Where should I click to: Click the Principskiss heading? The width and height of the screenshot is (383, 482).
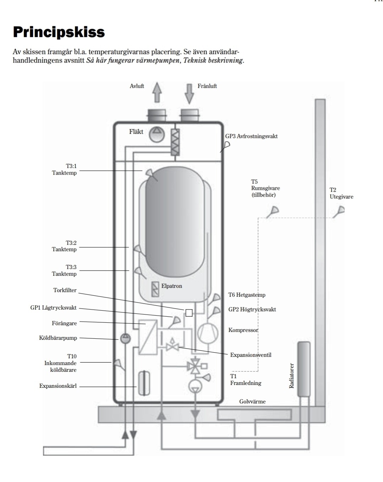[x=59, y=32]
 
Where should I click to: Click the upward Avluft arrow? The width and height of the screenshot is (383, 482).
[x=157, y=92]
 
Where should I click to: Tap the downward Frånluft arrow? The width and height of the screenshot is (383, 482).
[x=189, y=94]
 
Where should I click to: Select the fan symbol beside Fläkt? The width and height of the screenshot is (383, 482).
[x=157, y=134]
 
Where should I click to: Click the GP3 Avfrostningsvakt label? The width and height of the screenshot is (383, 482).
[x=251, y=136]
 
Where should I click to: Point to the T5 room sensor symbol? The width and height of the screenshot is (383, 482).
[x=273, y=211]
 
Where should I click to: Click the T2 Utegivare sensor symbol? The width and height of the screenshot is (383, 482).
[x=339, y=211]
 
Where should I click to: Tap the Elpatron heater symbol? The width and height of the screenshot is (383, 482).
[x=155, y=289]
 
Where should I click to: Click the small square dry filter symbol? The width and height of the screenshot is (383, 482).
[x=189, y=313]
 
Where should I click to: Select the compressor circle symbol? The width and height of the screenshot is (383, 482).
[x=208, y=333]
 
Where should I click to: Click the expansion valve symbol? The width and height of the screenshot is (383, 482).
[x=172, y=345]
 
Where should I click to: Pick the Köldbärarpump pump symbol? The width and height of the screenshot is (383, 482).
[x=125, y=338]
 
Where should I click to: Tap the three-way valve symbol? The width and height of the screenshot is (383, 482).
[x=194, y=366]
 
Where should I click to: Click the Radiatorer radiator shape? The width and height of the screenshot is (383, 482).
[x=304, y=369]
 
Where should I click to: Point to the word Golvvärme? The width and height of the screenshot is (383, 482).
[x=252, y=401]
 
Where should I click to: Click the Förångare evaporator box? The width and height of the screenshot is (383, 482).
[x=148, y=337]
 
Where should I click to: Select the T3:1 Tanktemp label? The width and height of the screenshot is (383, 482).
[x=65, y=169]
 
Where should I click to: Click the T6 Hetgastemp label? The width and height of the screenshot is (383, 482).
[x=247, y=295]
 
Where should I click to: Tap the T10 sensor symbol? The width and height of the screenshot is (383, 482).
[x=118, y=364]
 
